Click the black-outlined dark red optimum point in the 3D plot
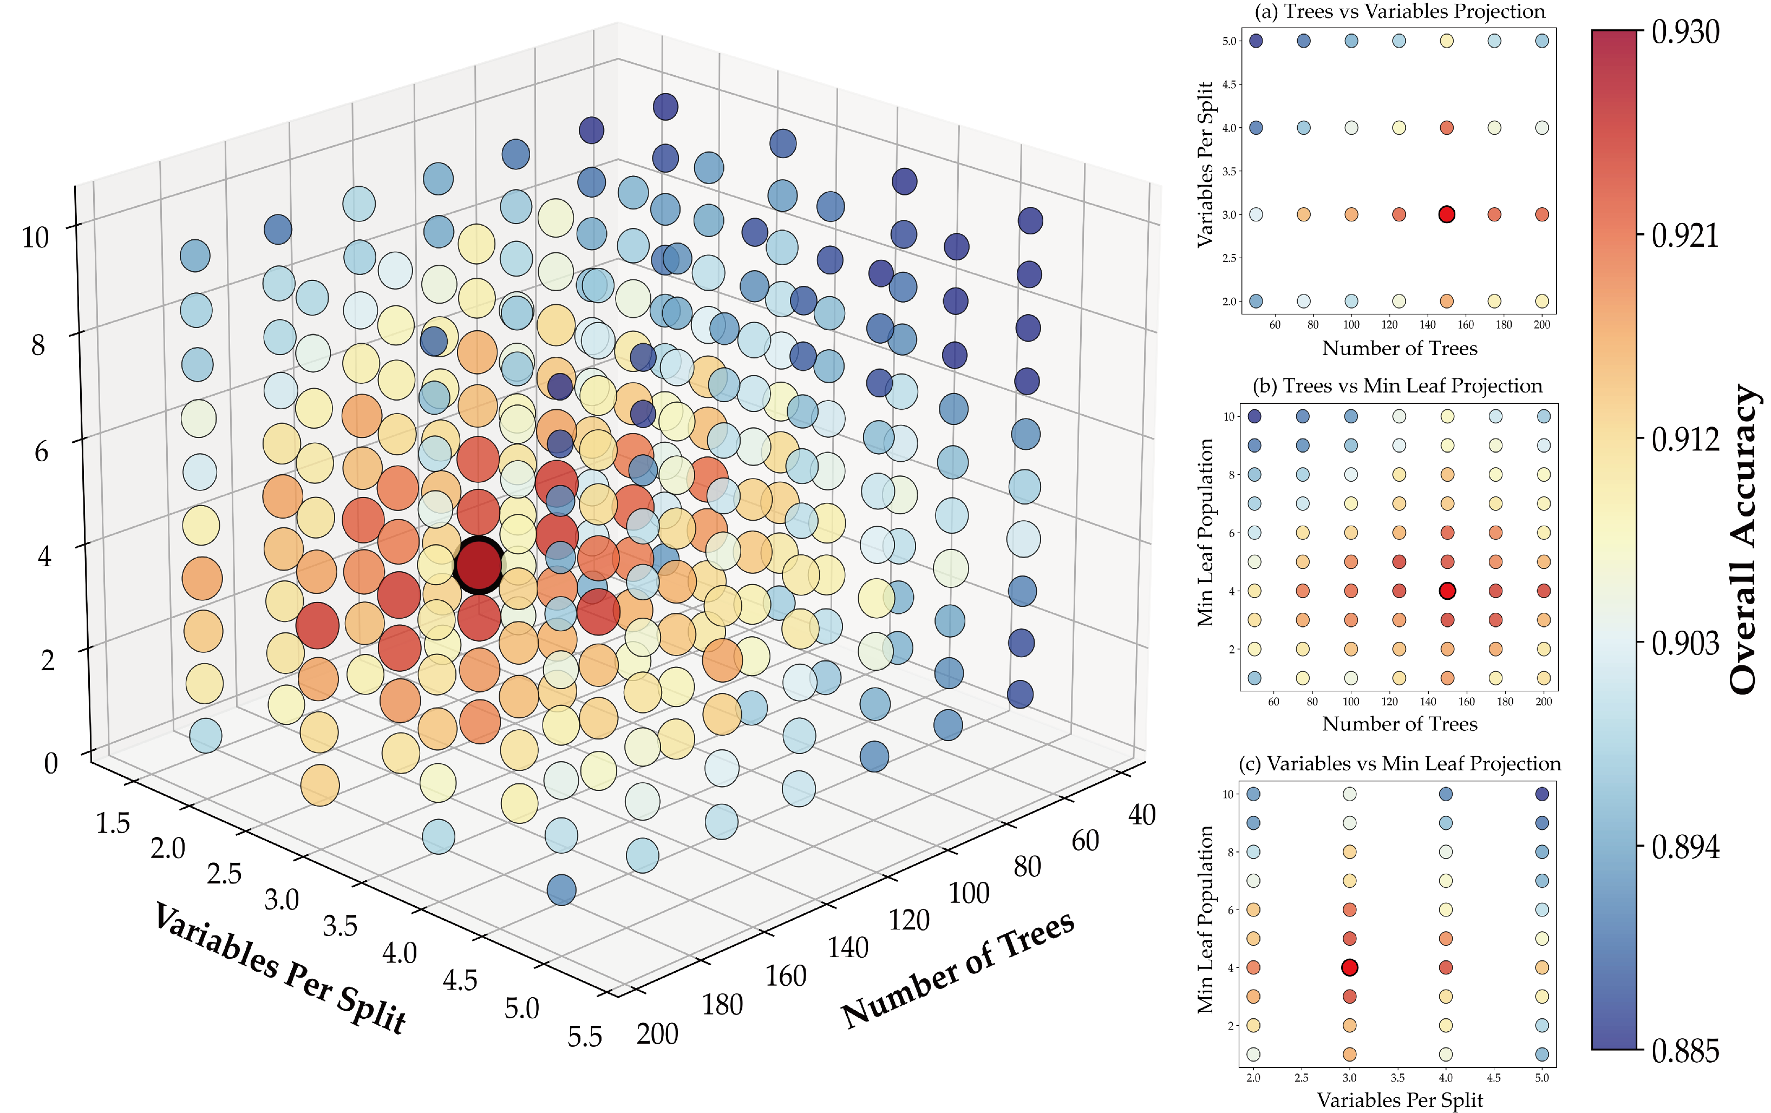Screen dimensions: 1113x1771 coord(479,565)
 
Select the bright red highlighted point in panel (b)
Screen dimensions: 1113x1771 coord(1447,590)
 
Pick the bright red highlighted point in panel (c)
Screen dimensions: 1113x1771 coord(1349,967)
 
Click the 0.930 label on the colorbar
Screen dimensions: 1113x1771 coord(1685,33)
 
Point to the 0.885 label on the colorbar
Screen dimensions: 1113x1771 coord(1685,1051)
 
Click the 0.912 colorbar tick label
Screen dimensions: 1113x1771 coord(1685,440)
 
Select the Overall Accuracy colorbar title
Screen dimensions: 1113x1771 coord(1743,540)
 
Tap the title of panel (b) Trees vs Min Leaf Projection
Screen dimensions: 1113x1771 coord(1397,386)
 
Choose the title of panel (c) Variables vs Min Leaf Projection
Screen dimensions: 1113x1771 coord(1400,764)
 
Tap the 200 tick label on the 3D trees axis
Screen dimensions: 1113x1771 coord(657,1035)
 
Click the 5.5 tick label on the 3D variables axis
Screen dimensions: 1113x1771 coord(585,1037)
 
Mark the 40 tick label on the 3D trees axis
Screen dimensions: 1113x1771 coord(1141,815)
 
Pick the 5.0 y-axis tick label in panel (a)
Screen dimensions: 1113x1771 coord(1229,41)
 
